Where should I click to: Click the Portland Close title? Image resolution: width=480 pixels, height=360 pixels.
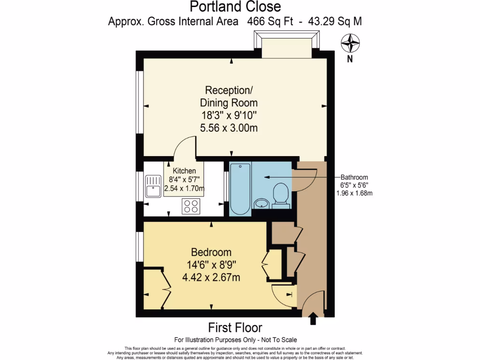click(235, 7)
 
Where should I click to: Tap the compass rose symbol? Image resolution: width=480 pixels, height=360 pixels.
click(350, 44)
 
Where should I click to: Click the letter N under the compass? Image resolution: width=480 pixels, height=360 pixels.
click(350, 59)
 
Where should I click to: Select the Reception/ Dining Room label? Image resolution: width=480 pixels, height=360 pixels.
click(229, 96)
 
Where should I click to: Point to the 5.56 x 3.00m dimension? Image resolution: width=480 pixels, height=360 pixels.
click(229, 127)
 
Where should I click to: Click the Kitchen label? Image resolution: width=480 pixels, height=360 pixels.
click(184, 171)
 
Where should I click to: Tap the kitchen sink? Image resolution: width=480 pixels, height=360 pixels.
click(153, 186)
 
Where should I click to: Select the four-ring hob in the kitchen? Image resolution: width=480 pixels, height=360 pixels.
click(191, 206)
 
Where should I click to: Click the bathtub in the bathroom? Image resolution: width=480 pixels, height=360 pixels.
click(240, 188)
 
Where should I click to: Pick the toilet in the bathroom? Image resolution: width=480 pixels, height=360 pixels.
click(280, 194)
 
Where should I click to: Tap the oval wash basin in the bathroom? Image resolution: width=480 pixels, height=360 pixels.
click(262, 203)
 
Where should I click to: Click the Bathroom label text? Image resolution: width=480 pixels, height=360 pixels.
click(354, 178)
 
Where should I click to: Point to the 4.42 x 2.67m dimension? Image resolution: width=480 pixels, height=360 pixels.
click(211, 277)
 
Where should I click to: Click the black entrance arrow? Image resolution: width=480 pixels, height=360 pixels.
click(313, 320)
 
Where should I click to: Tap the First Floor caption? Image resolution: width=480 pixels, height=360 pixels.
click(235, 327)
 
